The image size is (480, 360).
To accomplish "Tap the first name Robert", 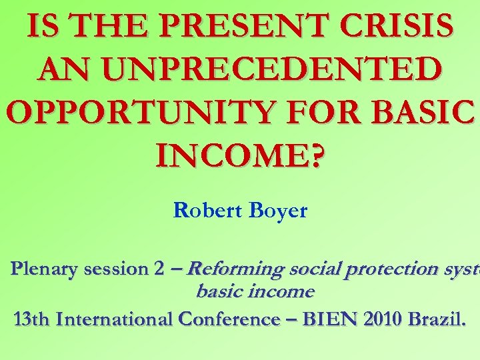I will pyautogui.click(x=203, y=211).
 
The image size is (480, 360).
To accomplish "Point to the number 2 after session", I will pyautogui.click(x=159, y=269).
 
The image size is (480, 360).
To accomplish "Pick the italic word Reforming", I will pyautogui.click(x=235, y=269).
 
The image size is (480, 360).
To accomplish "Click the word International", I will pyautogui.click(x=115, y=319).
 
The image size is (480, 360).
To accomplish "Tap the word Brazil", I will pyautogui.click(x=438, y=319).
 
